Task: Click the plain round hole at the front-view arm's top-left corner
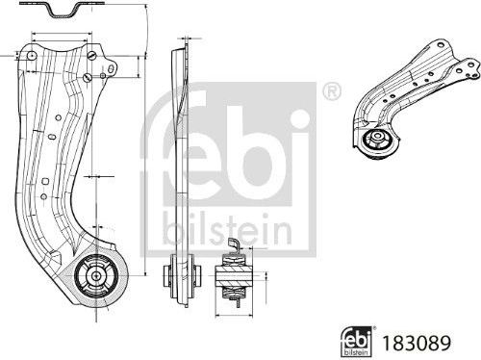point(32,58)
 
